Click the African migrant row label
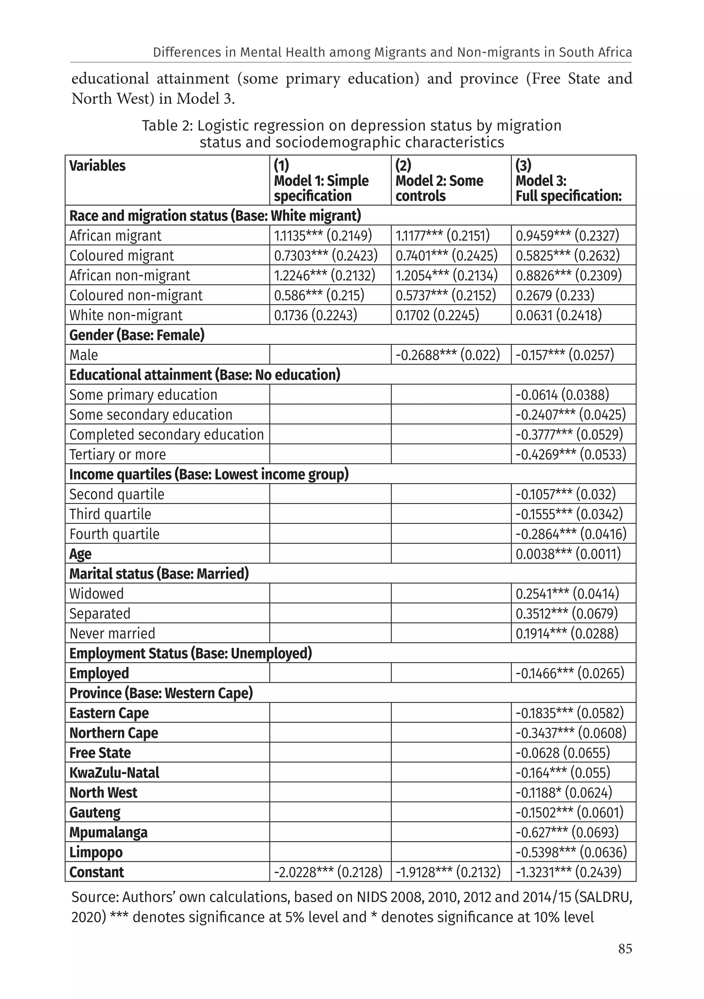point(115,236)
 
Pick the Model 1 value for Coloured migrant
point(326,255)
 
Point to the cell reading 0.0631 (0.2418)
point(558,315)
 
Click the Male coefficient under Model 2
point(447,355)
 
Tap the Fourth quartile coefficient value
point(570,534)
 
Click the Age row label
point(80,554)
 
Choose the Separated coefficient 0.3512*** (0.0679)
point(566,614)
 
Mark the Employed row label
point(99,673)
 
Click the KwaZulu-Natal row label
point(114,773)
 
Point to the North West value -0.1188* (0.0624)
point(563,793)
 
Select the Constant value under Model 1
point(328,872)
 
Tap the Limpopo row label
point(96,852)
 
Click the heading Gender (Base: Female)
point(136,335)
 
